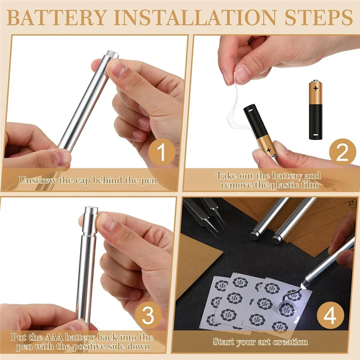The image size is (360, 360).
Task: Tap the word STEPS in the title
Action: coord(319,18)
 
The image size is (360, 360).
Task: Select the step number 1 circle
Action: coord(162,152)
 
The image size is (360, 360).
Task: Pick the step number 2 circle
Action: coord(342,152)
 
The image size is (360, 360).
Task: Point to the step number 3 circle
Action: coord(148,315)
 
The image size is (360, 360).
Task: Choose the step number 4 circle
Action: coord(330,315)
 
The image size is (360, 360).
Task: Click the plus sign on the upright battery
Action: coord(316,88)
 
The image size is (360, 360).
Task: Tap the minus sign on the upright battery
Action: coord(316,135)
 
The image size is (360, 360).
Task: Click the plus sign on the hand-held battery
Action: coord(268,150)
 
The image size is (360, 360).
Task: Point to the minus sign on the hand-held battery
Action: coord(250,110)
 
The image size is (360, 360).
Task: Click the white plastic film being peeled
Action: coord(234,103)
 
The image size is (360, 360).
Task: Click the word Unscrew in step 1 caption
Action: coord(38,180)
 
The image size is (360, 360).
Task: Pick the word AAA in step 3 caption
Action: coord(54,337)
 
